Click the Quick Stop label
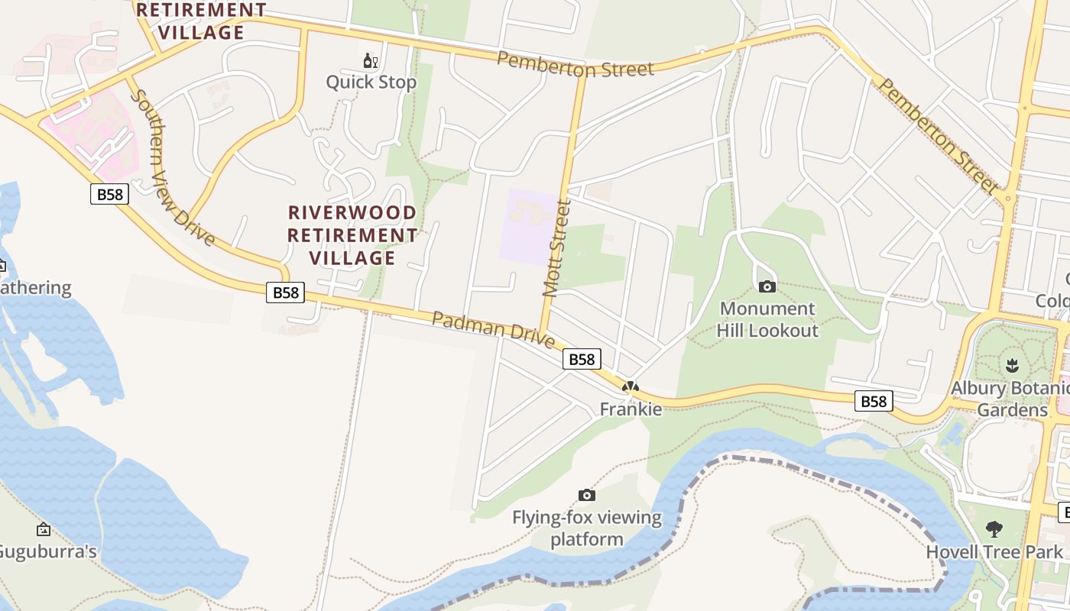tap(371, 82)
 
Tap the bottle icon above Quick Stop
tap(371, 60)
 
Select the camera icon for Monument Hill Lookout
tap(767, 286)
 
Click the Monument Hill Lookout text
tap(767, 319)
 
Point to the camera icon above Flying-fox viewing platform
tap(587, 495)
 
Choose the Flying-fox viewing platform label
tap(587, 528)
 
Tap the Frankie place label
tap(631, 409)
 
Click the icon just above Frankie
tap(631, 387)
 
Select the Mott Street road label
tap(556, 248)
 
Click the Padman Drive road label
tap(493, 328)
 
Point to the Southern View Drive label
tap(172, 168)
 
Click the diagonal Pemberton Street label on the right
tap(938, 136)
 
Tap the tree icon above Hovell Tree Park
tap(994, 529)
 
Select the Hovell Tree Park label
tap(994, 551)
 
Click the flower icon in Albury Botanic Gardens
tap(1013, 365)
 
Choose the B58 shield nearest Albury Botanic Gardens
tap(874, 401)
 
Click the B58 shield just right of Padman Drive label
tap(582, 359)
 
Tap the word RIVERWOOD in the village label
tap(352, 213)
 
